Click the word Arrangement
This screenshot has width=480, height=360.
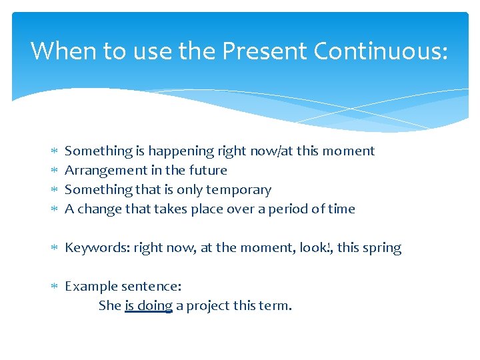[x=103, y=171]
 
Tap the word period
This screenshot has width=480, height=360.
[x=290, y=209]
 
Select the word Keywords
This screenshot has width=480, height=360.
[x=97, y=248]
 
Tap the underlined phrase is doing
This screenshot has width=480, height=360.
[x=149, y=306]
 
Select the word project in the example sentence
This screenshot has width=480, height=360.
[x=208, y=306]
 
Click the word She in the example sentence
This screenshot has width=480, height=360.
[x=109, y=306]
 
